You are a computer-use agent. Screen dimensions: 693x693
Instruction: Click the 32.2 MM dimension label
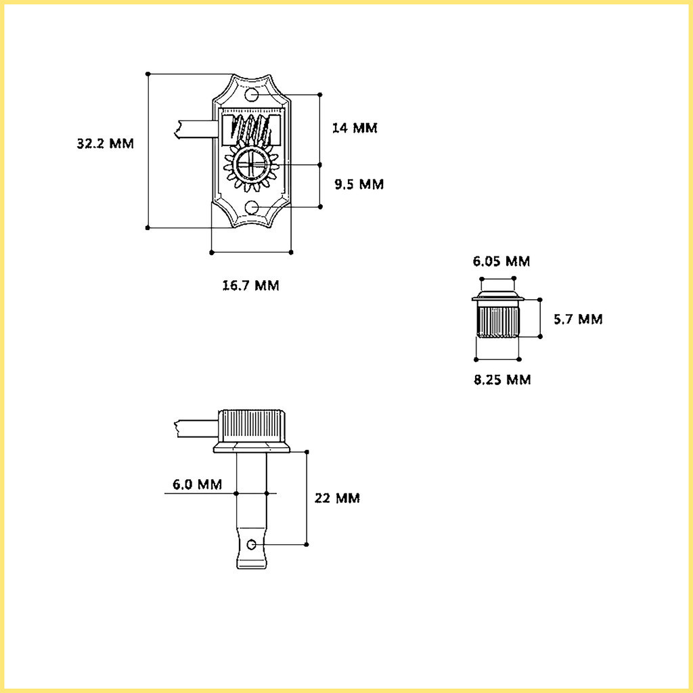point(105,143)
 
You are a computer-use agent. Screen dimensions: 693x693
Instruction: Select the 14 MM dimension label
point(355,128)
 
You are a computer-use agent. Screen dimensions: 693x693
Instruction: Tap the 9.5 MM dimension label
point(359,184)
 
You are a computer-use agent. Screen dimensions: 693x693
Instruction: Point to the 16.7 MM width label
point(250,286)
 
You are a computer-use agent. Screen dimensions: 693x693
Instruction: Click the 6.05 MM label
point(501,261)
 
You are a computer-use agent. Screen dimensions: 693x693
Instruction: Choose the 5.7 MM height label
point(578,319)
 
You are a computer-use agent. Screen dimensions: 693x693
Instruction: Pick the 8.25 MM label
point(502,380)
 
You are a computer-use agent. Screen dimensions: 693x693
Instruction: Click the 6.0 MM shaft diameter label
point(197,485)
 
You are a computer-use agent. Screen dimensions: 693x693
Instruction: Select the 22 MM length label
point(337,498)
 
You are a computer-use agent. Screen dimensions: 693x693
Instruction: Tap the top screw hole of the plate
point(252,95)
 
